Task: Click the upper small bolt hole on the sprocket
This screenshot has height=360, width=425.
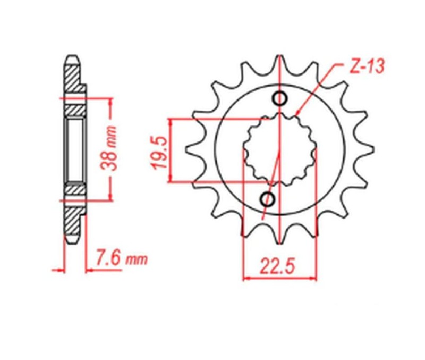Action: pos(280,99)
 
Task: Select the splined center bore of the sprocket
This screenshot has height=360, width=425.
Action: pos(280,150)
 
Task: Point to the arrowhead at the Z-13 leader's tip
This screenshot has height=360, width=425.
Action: pos(299,113)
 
